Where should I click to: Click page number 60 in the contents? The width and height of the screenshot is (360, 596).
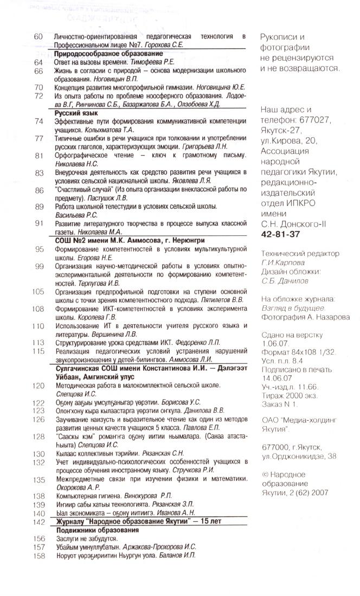[38, 36]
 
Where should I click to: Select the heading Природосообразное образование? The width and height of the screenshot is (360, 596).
[108, 54]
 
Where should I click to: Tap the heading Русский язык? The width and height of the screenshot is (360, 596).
[75, 113]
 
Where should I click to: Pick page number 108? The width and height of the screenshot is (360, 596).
[38, 309]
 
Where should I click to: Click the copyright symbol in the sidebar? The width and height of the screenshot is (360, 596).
[264, 474]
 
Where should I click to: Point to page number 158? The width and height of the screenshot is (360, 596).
[38, 555]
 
